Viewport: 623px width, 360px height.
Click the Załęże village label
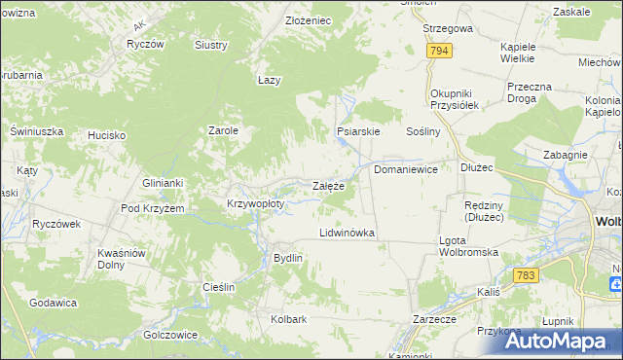(x=327, y=186)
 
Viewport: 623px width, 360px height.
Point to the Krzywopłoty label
(x=255, y=204)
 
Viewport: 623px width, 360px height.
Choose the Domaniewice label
(x=406, y=169)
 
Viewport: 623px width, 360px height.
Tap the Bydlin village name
(x=288, y=258)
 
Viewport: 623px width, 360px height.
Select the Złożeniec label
(x=281, y=20)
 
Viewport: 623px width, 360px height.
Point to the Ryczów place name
(x=145, y=45)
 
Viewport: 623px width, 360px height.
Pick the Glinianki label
(x=162, y=183)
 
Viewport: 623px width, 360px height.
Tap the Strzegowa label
(x=448, y=29)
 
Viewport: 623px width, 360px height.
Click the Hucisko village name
(x=106, y=135)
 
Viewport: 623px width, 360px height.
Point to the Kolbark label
(x=289, y=319)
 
